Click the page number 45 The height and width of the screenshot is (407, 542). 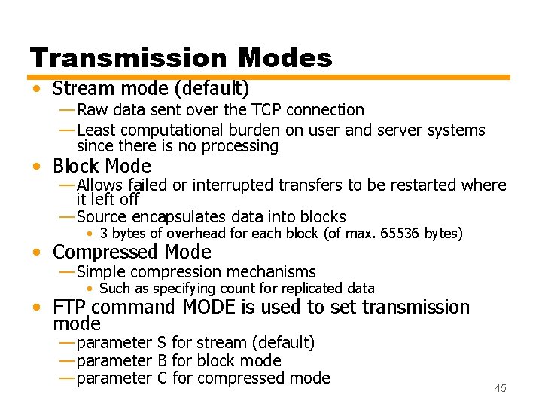[x=500, y=388]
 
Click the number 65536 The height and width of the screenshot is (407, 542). [x=400, y=234]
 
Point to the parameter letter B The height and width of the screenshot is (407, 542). [x=162, y=360]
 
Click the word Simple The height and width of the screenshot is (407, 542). [x=102, y=271]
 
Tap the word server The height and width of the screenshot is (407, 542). [x=400, y=130]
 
